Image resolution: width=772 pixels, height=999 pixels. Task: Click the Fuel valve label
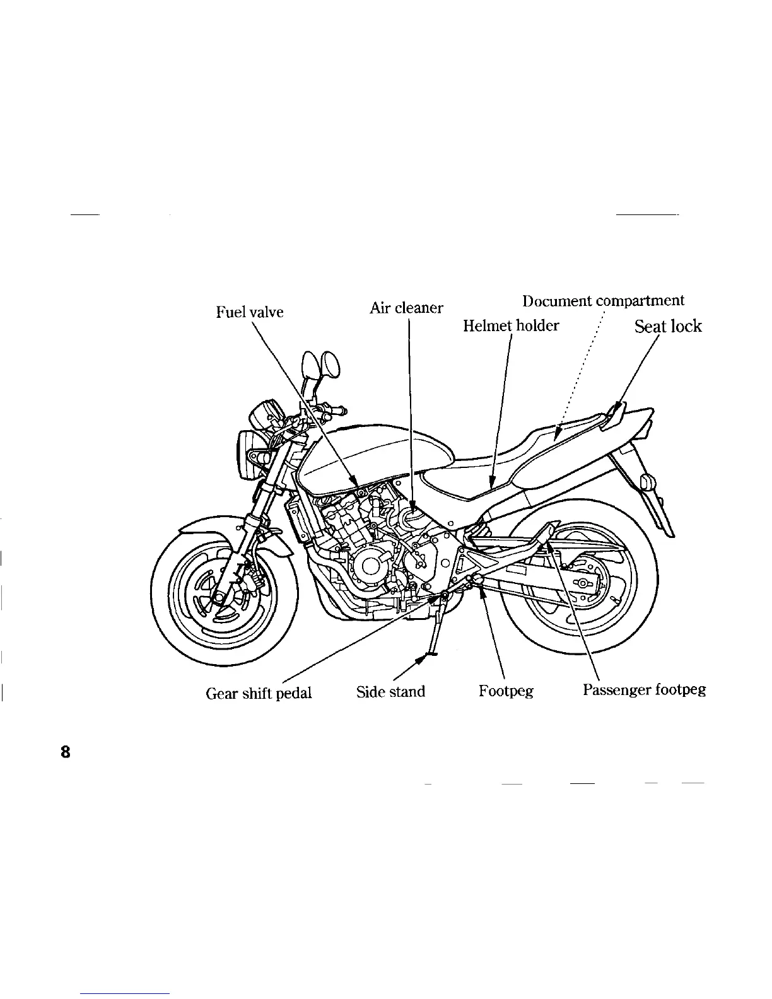250,312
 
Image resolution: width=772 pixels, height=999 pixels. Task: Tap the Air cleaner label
406,308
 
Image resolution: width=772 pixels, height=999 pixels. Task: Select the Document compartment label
603,301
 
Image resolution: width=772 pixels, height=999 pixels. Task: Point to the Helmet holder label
511,325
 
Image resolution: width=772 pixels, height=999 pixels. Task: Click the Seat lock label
667,326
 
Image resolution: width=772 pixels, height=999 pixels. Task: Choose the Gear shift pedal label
259,693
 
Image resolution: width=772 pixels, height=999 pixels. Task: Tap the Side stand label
390,692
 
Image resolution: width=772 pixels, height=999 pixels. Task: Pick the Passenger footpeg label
644,689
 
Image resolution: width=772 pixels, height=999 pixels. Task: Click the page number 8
65,752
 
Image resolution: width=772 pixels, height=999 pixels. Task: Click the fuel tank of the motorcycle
372,454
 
